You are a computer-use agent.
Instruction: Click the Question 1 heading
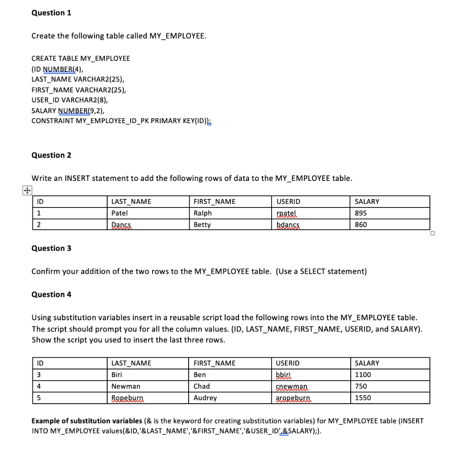(x=51, y=13)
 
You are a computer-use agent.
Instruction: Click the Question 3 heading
(x=51, y=248)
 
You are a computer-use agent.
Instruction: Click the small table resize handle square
(x=432, y=233)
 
